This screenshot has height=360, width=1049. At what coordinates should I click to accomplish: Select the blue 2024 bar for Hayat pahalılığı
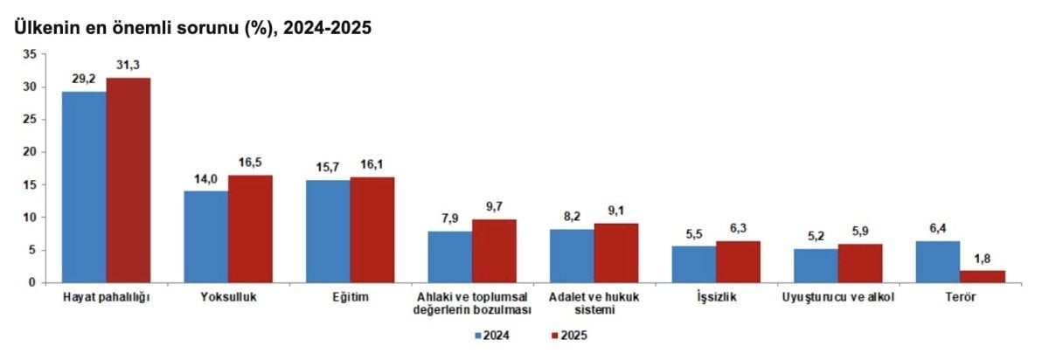(84, 187)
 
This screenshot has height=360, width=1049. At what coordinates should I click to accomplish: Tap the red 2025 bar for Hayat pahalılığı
(129, 180)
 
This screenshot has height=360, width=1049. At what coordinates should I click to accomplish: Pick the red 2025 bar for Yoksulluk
(250, 228)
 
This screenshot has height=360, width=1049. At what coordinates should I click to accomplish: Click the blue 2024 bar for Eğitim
(328, 231)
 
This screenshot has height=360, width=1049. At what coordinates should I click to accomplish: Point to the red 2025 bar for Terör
(983, 276)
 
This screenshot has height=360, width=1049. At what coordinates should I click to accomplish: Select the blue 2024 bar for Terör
(937, 261)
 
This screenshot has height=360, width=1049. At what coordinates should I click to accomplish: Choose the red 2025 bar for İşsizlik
(738, 261)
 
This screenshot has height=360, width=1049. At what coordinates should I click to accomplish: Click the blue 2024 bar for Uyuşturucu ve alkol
(815, 266)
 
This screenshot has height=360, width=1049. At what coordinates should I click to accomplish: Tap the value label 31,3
(129, 66)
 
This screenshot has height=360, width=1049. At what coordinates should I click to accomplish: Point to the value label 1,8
(983, 260)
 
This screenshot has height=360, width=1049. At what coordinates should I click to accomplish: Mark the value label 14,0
(205, 180)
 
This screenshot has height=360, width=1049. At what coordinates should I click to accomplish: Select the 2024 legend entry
(493, 334)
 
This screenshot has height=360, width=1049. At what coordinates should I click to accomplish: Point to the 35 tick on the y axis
(30, 54)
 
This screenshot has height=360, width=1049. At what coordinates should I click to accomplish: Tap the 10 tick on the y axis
(30, 218)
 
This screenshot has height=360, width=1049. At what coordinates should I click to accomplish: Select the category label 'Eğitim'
(351, 298)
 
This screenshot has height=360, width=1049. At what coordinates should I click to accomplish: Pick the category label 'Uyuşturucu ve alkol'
(838, 298)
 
